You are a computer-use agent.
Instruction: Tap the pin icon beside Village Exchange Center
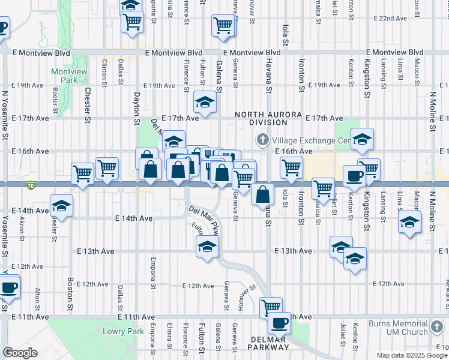(x=262, y=140)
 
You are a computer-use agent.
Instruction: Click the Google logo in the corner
(x=20, y=353)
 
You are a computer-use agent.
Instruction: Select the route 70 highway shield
(x=30, y=186)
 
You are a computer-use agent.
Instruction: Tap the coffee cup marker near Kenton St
(x=354, y=176)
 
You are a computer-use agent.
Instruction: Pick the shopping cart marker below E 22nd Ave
(x=223, y=26)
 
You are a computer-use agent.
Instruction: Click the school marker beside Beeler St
(x=61, y=205)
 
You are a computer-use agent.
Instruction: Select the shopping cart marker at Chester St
(x=82, y=173)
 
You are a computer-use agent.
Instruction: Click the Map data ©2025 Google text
(x=412, y=355)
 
